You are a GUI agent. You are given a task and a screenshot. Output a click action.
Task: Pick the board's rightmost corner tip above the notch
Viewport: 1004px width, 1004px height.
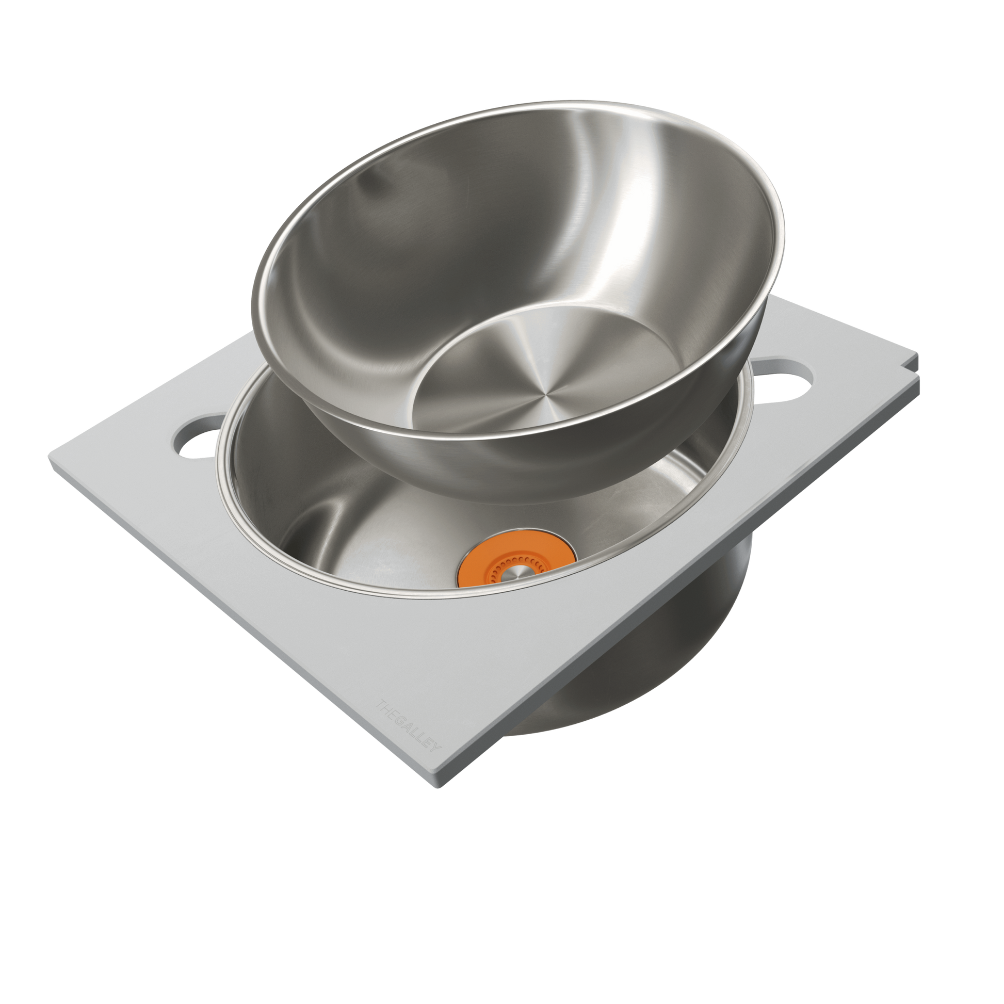coord(918,353)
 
